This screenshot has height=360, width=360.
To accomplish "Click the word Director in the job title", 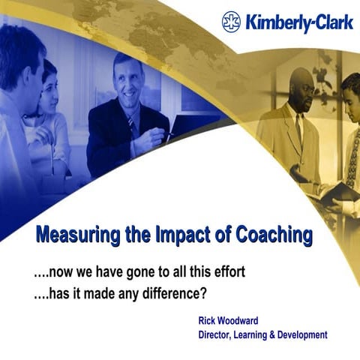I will pyautogui.click(x=217, y=334).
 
